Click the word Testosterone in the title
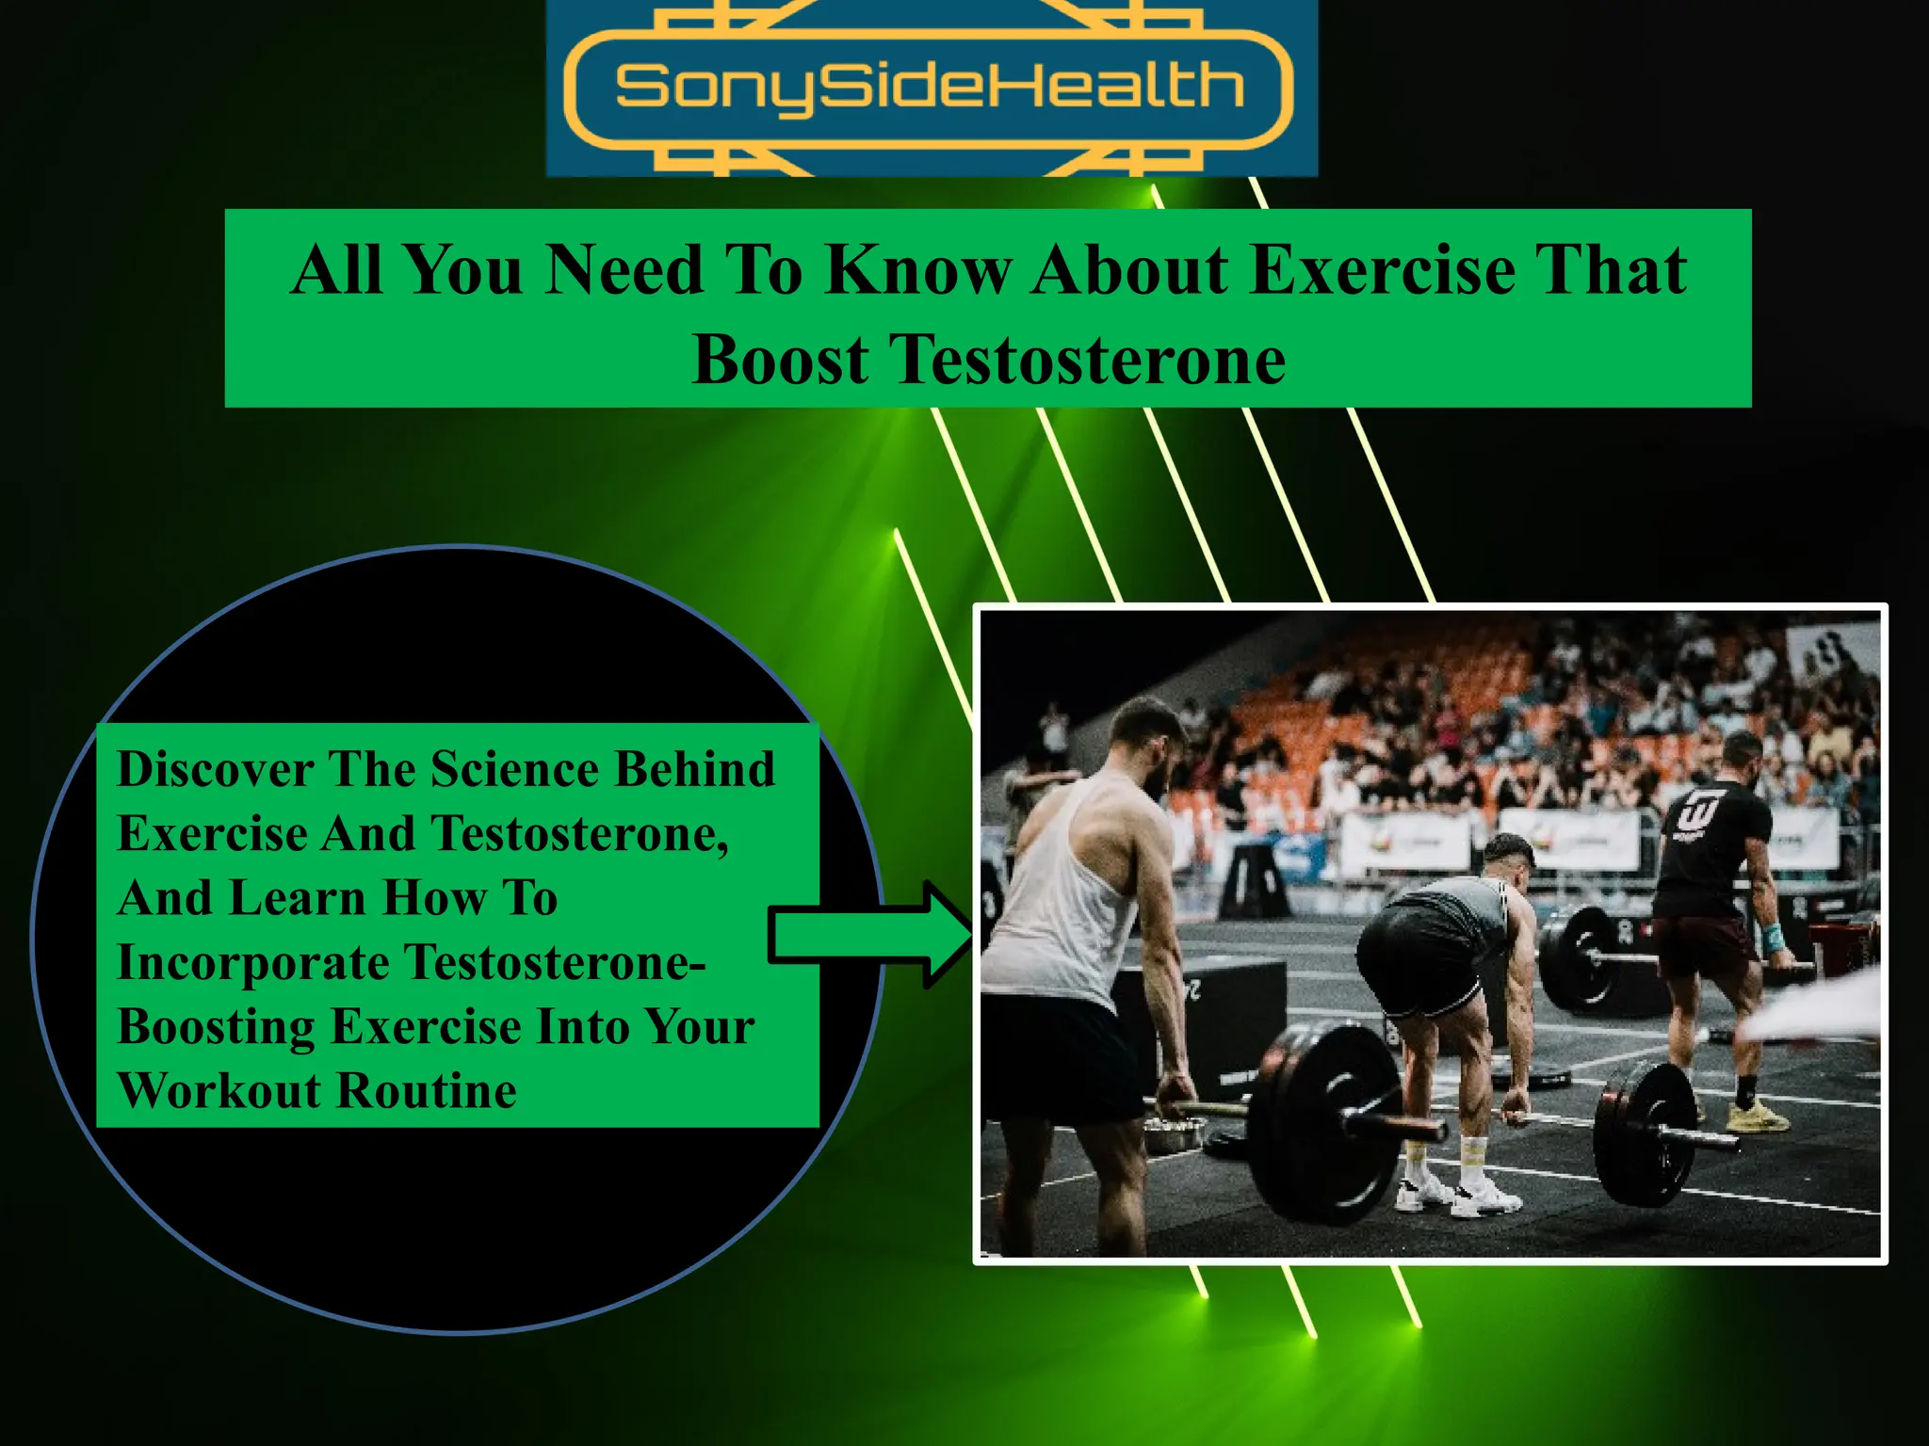pos(1089,361)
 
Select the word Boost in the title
pos(780,361)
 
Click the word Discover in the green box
pos(215,769)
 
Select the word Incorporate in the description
pos(252,962)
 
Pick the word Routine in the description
pos(426,1091)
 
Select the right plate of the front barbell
pos(1644,1134)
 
